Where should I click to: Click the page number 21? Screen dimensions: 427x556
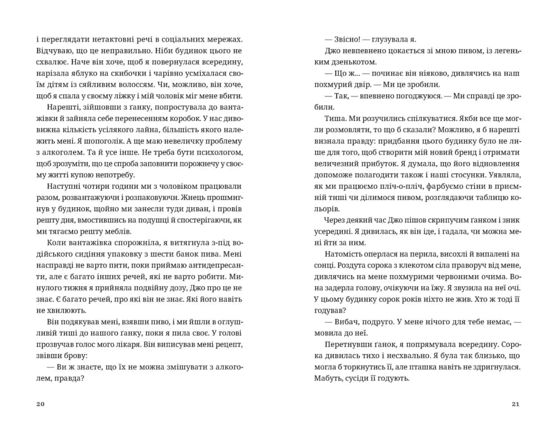pos(517,404)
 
